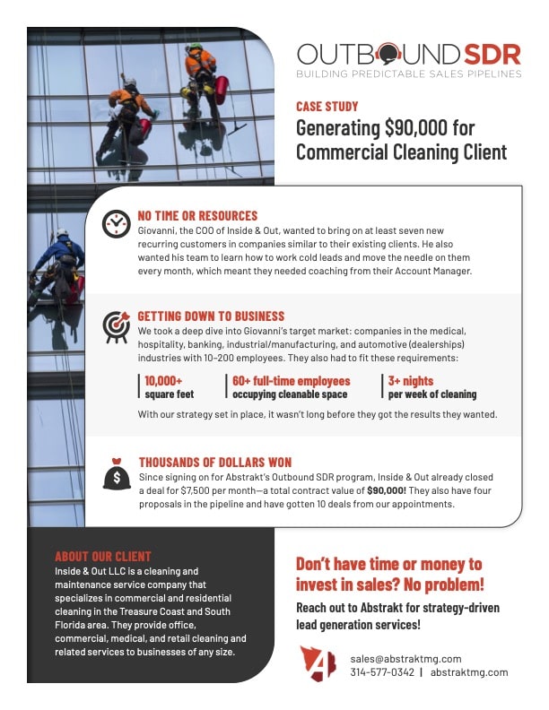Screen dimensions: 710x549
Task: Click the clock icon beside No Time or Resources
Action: (x=117, y=223)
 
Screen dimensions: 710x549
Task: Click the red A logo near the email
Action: (x=318, y=664)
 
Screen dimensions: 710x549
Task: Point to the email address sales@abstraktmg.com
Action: (x=405, y=659)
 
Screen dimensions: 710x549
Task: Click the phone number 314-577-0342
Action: (x=382, y=672)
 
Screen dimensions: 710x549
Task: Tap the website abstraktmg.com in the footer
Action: (x=469, y=672)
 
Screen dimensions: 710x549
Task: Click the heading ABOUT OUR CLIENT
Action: (x=103, y=556)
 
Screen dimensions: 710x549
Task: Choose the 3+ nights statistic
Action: (x=431, y=386)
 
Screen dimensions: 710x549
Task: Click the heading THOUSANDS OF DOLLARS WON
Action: (x=214, y=463)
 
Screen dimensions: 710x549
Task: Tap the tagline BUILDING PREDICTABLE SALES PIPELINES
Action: (x=409, y=74)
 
